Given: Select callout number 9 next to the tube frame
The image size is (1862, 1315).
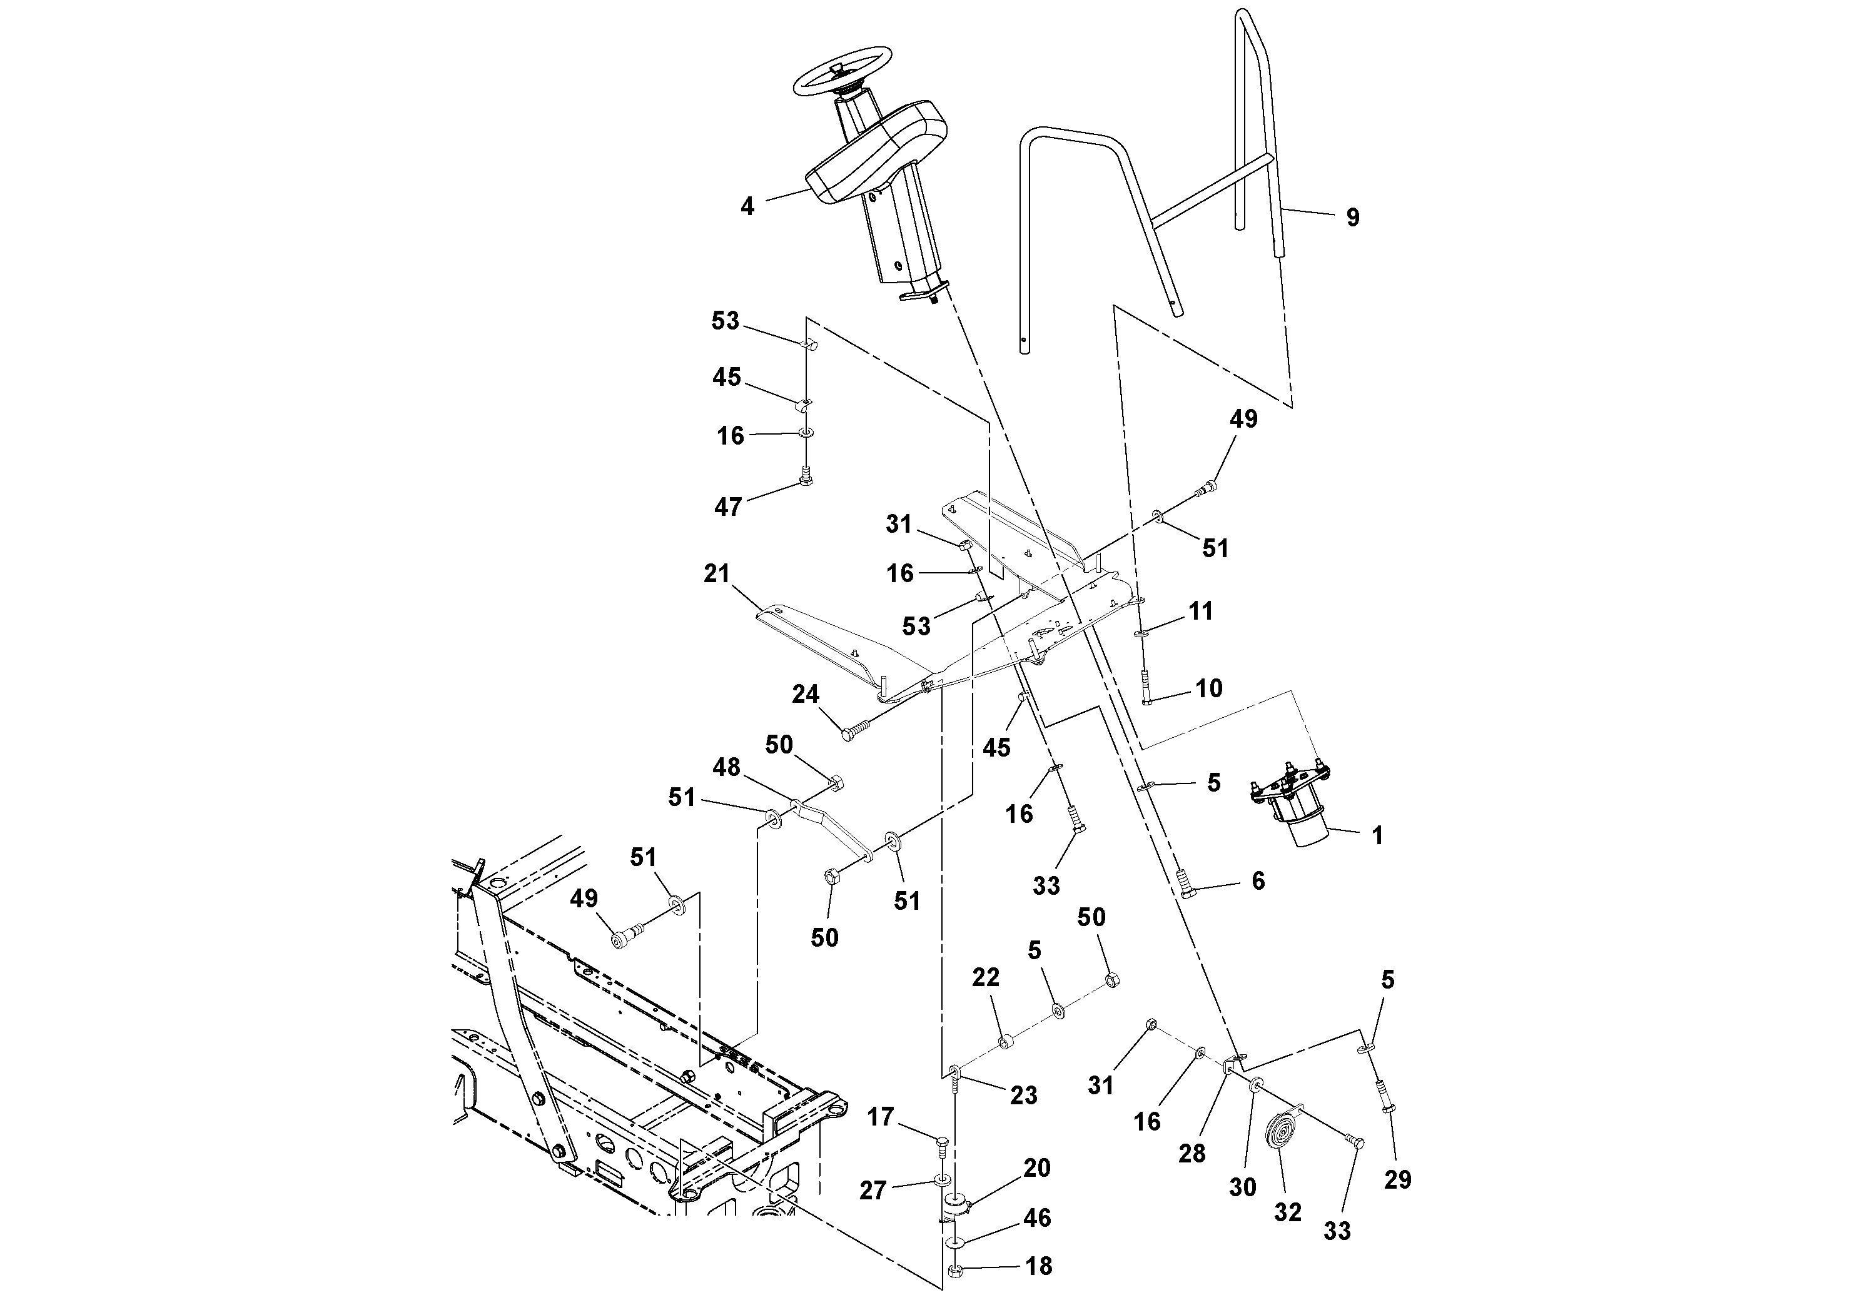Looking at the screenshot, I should [x=1352, y=217].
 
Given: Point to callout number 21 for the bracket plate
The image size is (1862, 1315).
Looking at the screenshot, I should [x=717, y=574].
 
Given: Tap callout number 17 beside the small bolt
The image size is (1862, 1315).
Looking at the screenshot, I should [x=880, y=1117].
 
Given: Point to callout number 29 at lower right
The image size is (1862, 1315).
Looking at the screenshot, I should [x=1397, y=1179].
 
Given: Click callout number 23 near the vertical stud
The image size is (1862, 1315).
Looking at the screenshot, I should [x=1023, y=1096].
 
